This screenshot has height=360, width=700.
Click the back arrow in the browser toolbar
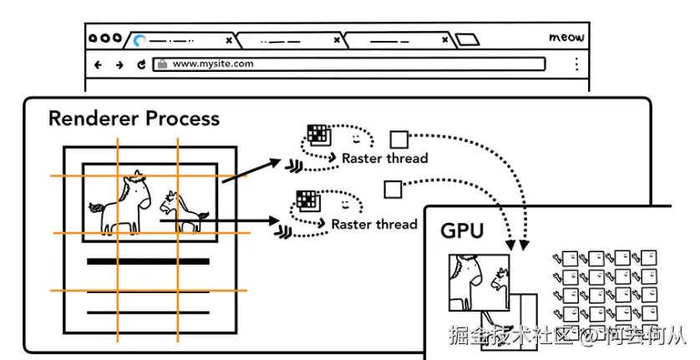[98, 65]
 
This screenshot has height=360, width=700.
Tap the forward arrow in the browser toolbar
[119, 65]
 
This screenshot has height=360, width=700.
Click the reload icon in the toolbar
[141, 65]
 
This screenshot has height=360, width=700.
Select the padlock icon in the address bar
[163, 63]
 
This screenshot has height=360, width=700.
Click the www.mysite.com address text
[213, 63]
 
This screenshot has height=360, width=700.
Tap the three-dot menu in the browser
[576, 63]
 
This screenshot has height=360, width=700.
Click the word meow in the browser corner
[566, 38]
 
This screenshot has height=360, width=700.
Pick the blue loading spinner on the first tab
[139, 41]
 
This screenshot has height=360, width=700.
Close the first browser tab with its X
[229, 40]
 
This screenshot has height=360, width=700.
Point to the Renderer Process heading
[134, 119]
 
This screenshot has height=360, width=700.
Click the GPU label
[462, 231]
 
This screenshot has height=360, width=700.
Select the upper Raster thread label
[385, 158]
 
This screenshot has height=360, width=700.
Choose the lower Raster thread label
[374, 224]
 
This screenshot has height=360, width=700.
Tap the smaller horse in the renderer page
[183, 210]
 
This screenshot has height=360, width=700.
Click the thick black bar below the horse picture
[148, 261]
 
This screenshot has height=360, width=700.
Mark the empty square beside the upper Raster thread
[399, 139]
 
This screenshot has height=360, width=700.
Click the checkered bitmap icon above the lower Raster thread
[308, 200]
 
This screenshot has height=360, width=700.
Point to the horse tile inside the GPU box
[479, 282]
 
